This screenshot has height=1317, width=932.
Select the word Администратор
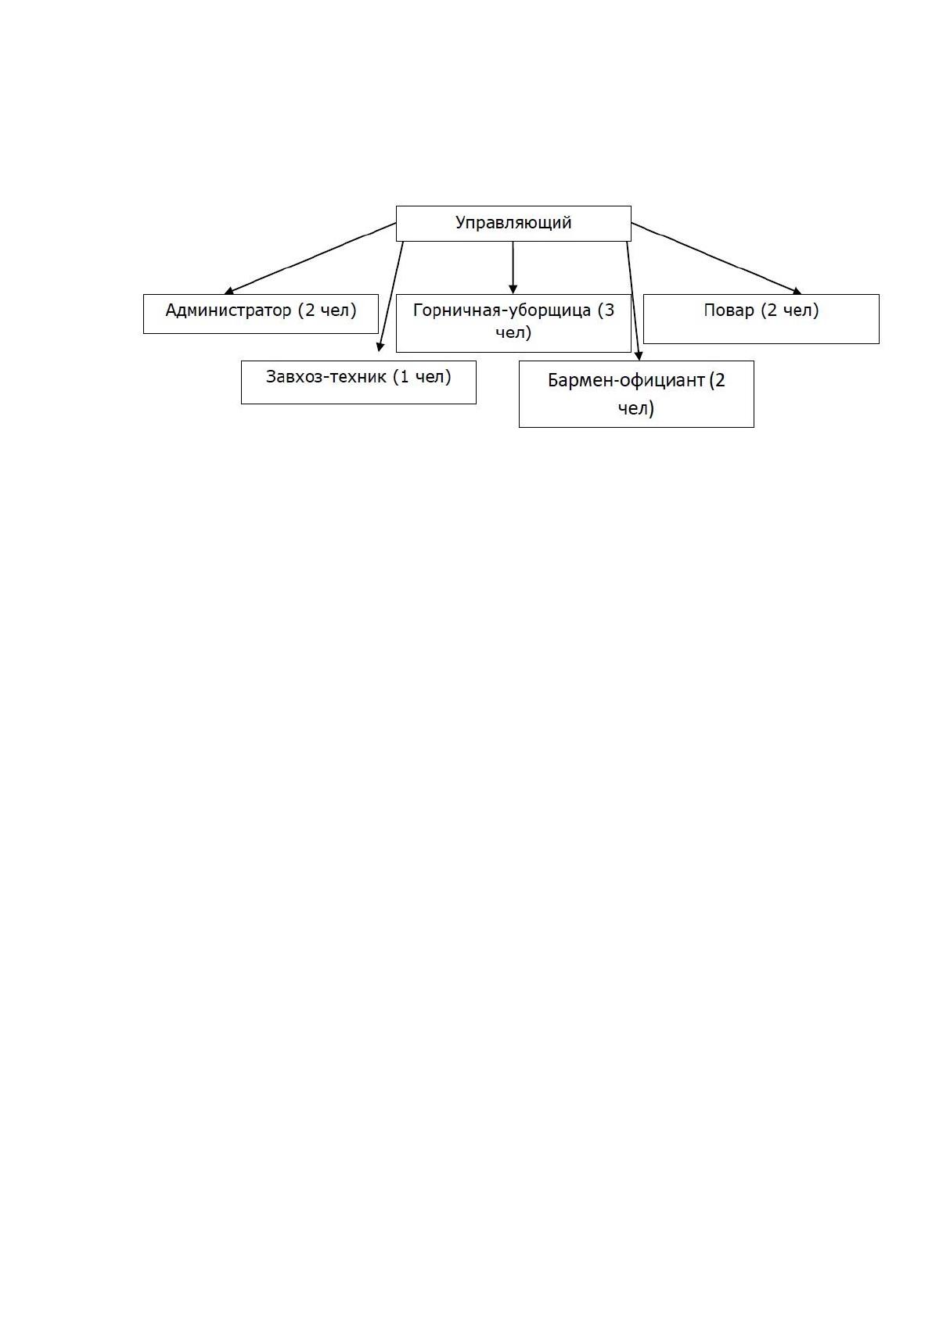[x=228, y=310]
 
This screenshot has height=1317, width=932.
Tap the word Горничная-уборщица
[x=502, y=310]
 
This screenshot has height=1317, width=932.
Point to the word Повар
[x=729, y=310]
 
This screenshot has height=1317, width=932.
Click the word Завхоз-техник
[x=326, y=376]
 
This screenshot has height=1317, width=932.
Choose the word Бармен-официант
[x=626, y=380]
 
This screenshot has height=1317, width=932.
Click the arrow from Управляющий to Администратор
[x=310, y=258]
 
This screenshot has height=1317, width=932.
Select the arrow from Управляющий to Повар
[x=716, y=258]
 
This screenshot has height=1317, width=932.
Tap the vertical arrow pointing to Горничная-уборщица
[x=513, y=267]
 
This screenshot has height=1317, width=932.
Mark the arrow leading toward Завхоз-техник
[x=390, y=296]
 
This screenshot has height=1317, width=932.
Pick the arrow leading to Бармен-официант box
[x=634, y=300]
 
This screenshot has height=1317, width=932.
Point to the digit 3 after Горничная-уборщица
[x=609, y=310]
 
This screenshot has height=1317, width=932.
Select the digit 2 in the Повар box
[x=772, y=310]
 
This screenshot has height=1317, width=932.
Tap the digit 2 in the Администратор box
[x=309, y=310]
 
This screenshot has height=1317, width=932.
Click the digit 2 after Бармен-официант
[x=720, y=380]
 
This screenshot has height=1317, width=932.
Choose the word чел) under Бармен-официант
[x=635, y=408]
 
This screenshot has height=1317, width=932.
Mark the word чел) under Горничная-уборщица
[x=513, y=333]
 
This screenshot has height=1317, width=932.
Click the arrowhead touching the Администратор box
[x=229, y=290]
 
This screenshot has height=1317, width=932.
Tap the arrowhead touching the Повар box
[x=797, y=290]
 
